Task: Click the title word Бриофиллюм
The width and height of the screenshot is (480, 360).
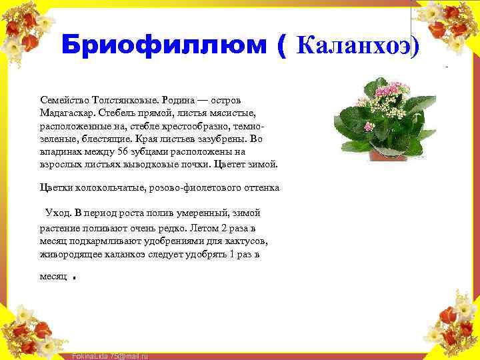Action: pyautogui.click(x=165, y=45)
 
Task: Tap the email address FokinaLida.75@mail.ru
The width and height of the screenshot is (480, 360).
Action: pyautogui.click(x=110, y=356)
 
